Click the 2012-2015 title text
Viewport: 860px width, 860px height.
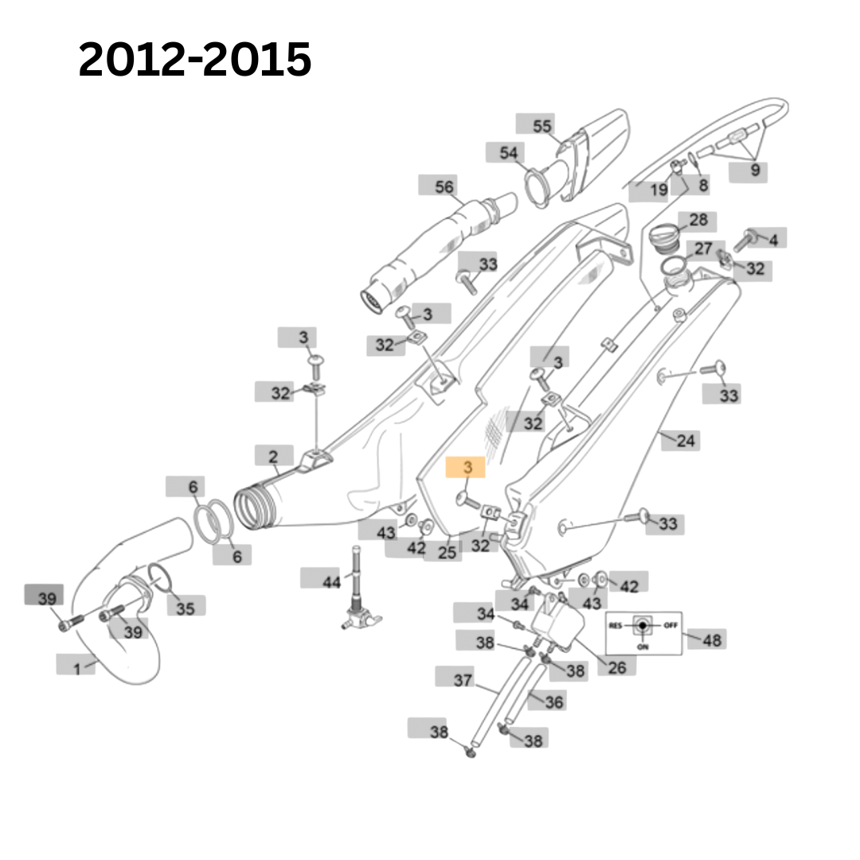(195, 60)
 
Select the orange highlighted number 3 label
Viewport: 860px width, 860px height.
(467, 467)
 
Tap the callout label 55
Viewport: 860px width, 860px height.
(541, 125)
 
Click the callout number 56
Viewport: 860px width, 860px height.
(444, 186)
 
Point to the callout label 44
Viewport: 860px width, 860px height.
(331, 581)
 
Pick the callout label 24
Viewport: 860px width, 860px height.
(686, 440)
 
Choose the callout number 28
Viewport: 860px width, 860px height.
(698, 220)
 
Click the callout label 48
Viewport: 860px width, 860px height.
(712, 639)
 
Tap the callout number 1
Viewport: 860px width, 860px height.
(77, 668)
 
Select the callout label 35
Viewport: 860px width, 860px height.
(185, 608)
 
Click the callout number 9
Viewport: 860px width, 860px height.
(754, 169)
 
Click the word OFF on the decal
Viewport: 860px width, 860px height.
(670, 625)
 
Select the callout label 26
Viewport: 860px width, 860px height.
(616, 667)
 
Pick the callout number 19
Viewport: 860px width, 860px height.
(659, 190)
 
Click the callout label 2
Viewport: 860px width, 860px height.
(273, 457)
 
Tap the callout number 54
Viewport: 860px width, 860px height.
(508, 153)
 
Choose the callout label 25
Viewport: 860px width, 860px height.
(447, 551)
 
